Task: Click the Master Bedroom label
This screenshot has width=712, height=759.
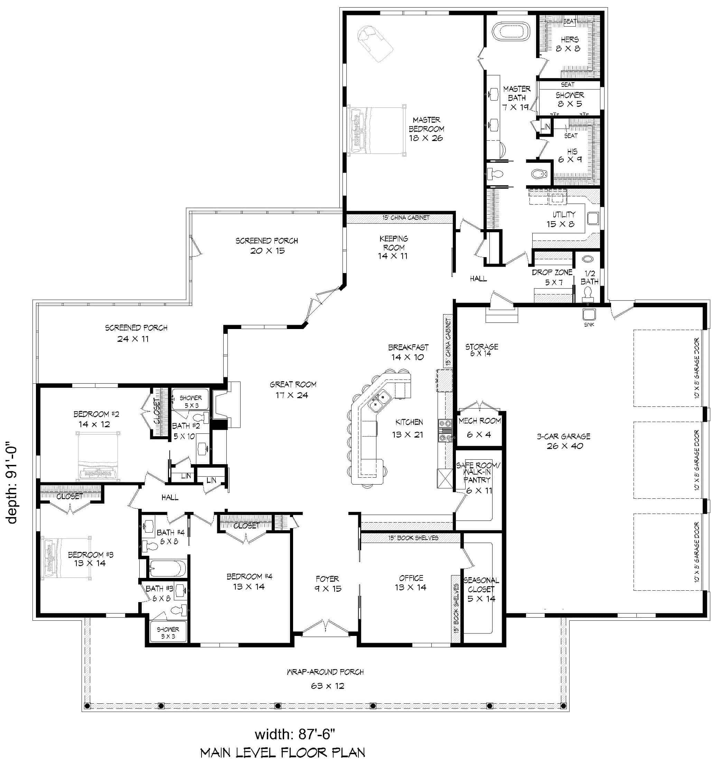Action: (x=426, y=129)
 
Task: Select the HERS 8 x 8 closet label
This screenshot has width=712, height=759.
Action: (x=569, y=44)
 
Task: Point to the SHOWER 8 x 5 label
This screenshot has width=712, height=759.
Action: (x=569, y=99)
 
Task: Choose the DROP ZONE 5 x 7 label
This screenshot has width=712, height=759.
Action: (x=552, y=277)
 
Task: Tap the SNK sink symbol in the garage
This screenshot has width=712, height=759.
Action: (x=589, y=315)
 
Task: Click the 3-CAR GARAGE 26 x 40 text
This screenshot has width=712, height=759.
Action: (x=563, y=441)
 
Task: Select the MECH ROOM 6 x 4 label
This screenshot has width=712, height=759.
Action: (x=479, y=427)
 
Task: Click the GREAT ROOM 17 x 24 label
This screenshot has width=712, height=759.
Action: (x=293, y=390)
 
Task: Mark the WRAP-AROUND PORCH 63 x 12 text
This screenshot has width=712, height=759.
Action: (x=326, y=679)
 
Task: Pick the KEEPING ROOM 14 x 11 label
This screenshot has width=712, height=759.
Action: (x=393, y=247)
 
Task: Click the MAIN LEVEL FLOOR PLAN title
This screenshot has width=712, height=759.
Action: (x=283, y=752)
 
